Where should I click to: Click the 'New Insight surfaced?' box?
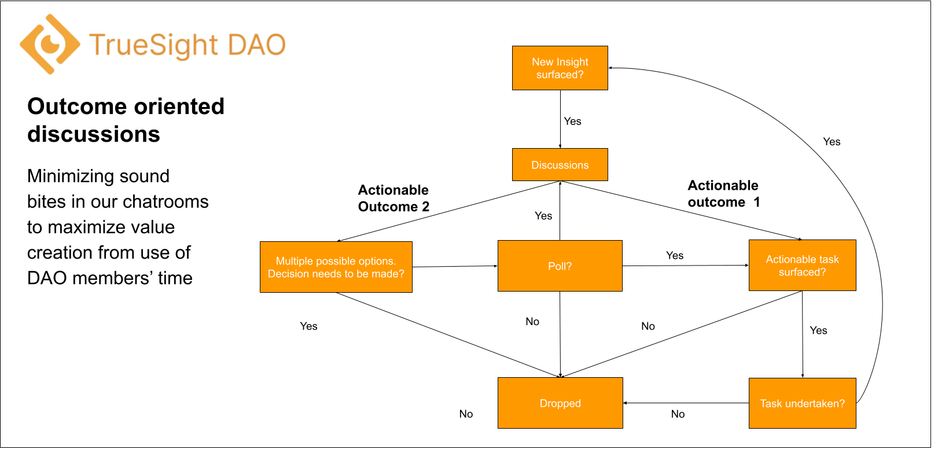coord(560,68)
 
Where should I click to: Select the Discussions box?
coord(560,165)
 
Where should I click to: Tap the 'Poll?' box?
coord(560,266)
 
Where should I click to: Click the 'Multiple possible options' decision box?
coord(336,267)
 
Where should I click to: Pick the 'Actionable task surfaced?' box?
coord(802,266)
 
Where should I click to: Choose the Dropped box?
coord(560,403)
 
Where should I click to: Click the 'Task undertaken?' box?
coord(802,403)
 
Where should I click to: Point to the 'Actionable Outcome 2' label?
coord(393,198)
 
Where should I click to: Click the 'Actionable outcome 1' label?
coord(723,194)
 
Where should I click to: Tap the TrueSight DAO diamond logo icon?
coord(50,44)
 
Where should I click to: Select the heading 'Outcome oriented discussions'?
coord(126,120)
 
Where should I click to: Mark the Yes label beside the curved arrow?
coord(832,142)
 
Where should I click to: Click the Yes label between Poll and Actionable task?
coord(675,256)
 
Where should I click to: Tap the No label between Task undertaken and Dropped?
coord(678,414)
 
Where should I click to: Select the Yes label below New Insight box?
coord(572,121)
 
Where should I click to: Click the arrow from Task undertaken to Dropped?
coord(686,403)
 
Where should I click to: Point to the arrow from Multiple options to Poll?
coord(455,266)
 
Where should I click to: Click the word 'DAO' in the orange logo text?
coord(257,45)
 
